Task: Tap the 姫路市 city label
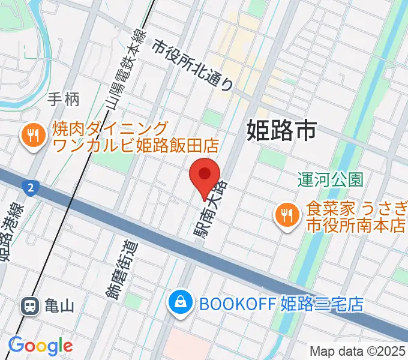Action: pyautogui.click(x=281, y=130)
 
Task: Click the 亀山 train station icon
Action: pyautogui.click(x=29, y=307)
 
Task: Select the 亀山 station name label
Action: pyautogui.click(x=59, y=307)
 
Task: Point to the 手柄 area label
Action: pyautogui.click(x=64, y=99)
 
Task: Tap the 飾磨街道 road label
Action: pyautogui.click(x=123, y=268)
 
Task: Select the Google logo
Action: pyautogui.click(x=40, y=346)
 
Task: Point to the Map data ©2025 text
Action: pyautogui.click(x=357, y=351)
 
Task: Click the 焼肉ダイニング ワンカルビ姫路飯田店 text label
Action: pyautogui.click(x=136, y=137)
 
